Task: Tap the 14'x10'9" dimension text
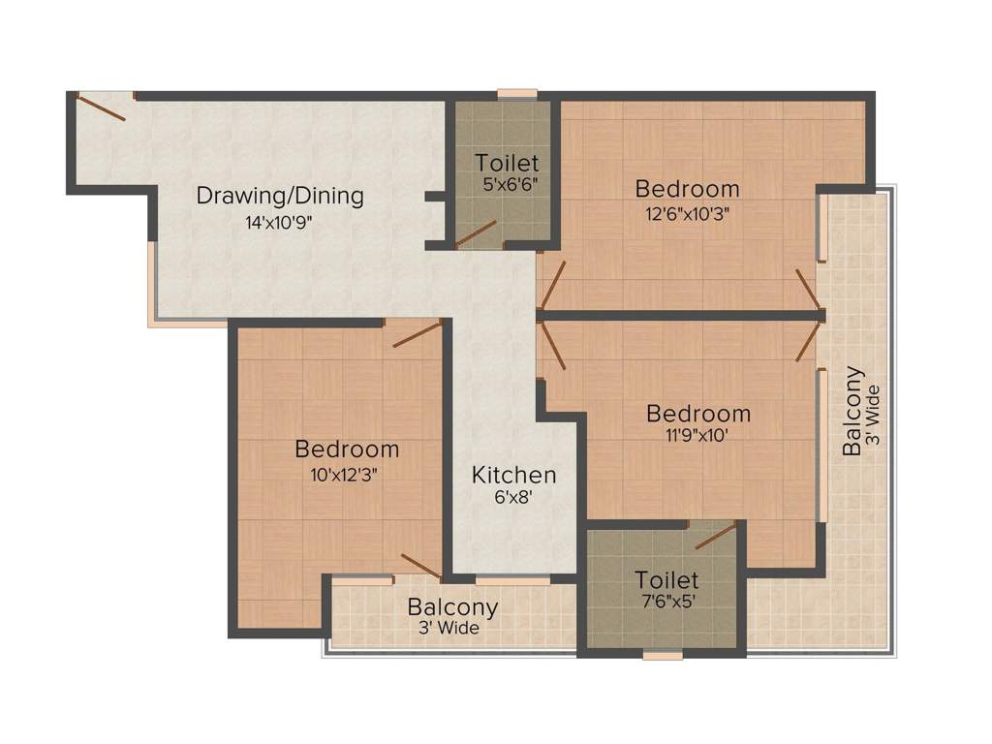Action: point(279,222)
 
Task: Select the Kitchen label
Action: point(513,475)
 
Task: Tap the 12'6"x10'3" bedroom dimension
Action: point(687,214)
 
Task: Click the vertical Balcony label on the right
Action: point(852,411)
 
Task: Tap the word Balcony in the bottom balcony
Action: point(452,607)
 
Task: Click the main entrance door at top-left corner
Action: point(101,107)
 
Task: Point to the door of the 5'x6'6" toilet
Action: point(477,232)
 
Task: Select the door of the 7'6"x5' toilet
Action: point(715,537)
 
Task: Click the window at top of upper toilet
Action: point(517,94)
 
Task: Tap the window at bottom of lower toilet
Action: point(663,656)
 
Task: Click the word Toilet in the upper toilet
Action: point(507,162)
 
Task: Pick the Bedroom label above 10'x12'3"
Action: point(347,449)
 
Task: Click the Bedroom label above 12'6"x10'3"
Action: point(687,188)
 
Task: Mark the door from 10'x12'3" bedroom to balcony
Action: point(420,566)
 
